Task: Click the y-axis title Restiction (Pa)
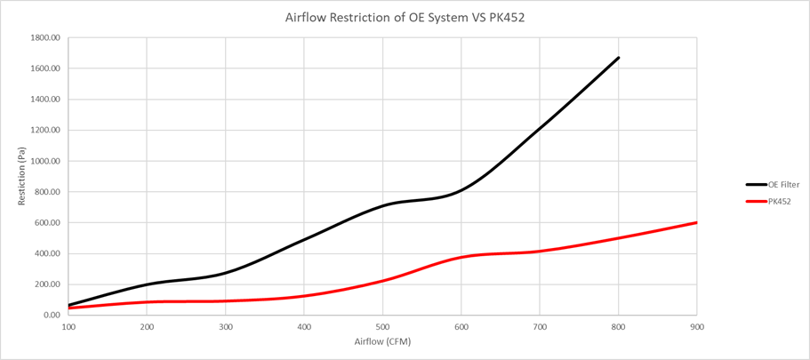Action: click(21, 177)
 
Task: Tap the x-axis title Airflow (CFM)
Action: click(381, 340)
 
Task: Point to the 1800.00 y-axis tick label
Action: click(44, 38)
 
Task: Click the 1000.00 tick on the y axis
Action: click(44, 161)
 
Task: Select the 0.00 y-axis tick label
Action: click(51, 315)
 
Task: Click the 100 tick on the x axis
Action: click(68, 326)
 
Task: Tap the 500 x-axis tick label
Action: click(382, 326)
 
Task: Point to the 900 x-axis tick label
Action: click(696, 326)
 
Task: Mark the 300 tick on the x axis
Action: click(226, 326)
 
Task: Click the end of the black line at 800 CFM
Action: click(618, 58)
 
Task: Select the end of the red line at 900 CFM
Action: click(695, 222)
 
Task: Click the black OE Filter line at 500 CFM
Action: click(382, 205)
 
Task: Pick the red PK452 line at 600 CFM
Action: click(461, 257)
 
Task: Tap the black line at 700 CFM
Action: click(540, 130)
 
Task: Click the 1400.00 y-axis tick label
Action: click(44, 100)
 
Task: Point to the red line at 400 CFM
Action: click(304, 296)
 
